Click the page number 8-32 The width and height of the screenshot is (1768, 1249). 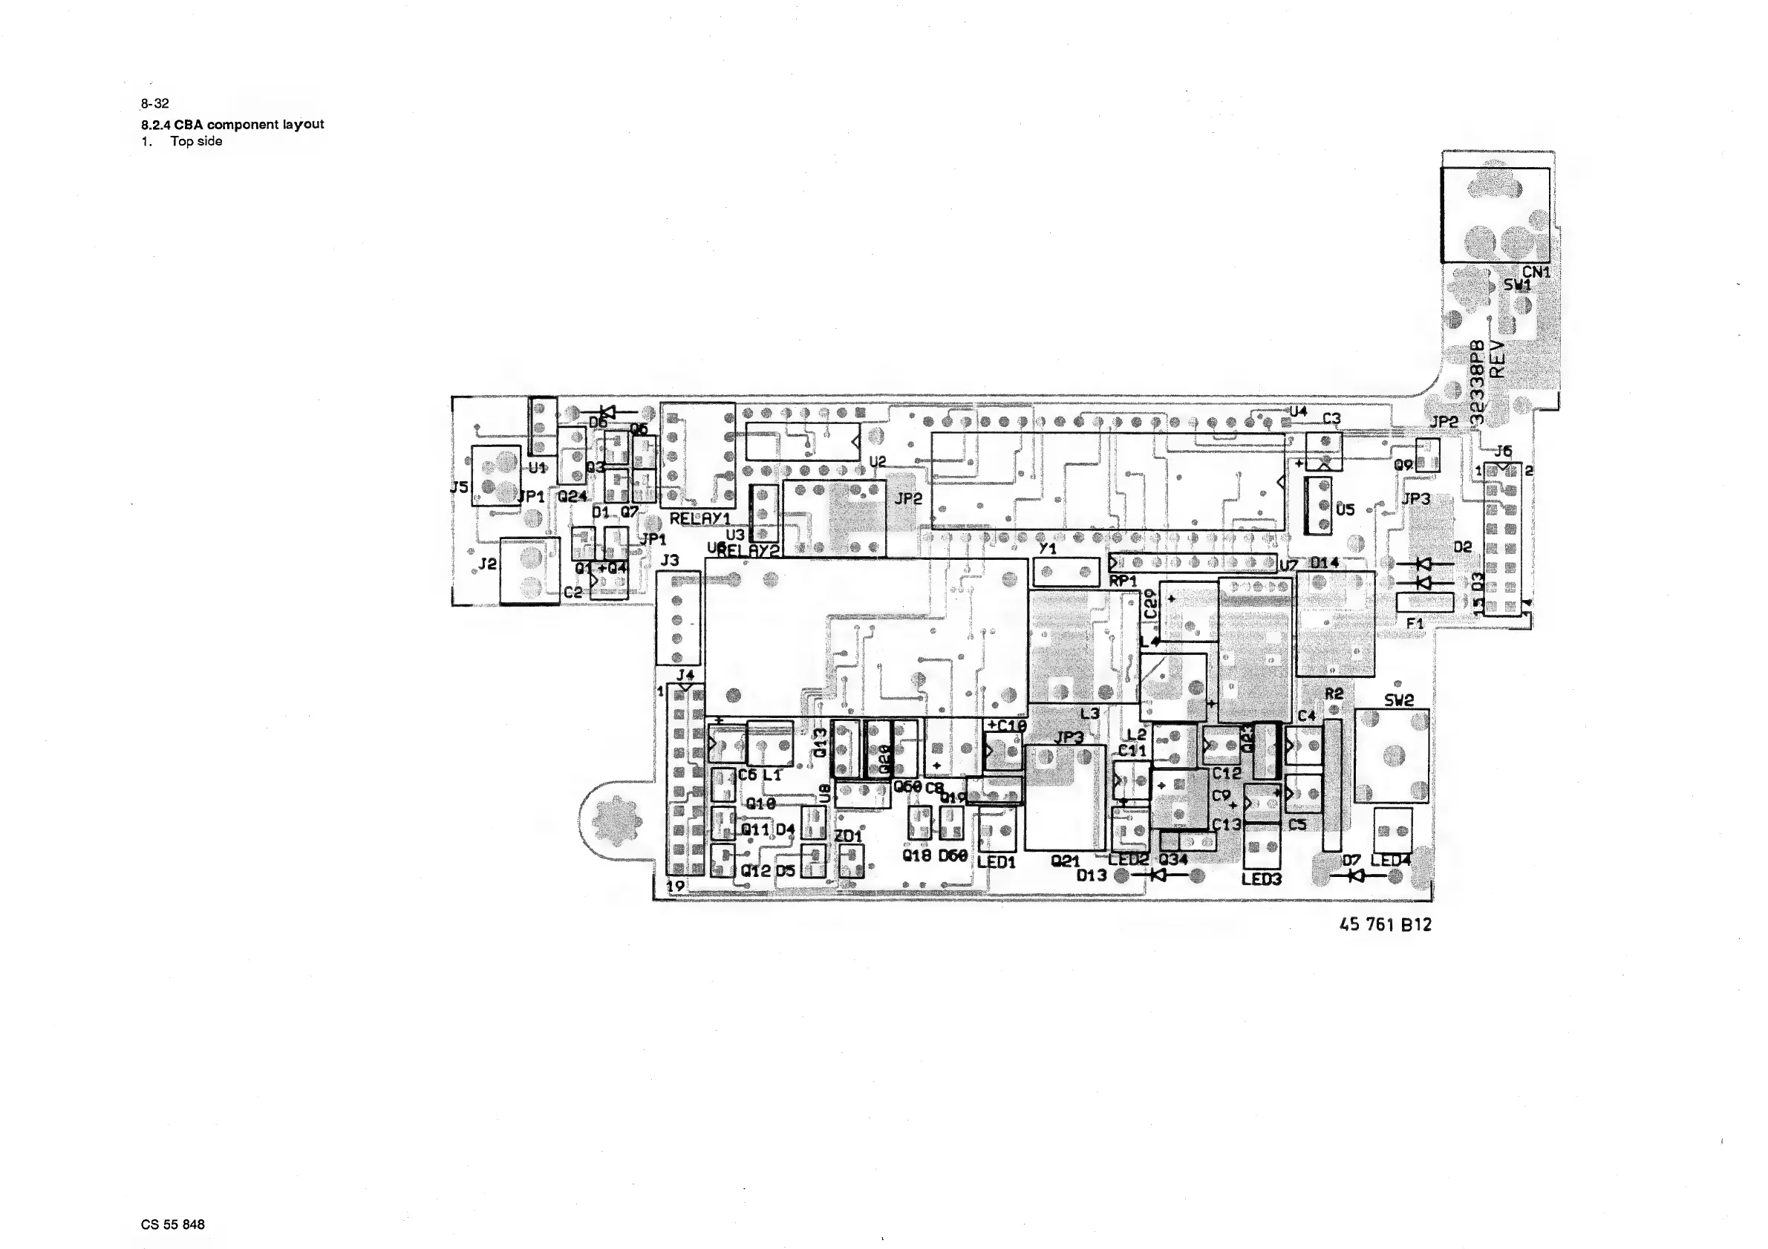[154, 103]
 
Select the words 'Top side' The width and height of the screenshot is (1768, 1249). [196, 141]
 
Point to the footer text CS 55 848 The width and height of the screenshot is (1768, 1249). [172, 1224]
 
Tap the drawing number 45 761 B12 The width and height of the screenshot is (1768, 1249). [1386, 924]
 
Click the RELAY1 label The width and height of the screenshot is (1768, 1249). [699, 519]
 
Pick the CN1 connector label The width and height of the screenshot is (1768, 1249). [1536, 272]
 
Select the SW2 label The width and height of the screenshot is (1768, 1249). [1399, 700]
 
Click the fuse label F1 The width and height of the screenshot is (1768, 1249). [1415, 623]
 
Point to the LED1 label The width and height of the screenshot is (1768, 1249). [996, 862]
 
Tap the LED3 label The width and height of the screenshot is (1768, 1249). [1262, 878]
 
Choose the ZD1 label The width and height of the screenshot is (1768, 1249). [849, 835]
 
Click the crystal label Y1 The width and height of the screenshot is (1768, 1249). [1047, 549]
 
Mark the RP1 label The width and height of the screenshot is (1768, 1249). [1123, 581]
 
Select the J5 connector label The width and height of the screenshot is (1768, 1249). [459, 486]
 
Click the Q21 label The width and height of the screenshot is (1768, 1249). [1065, 861]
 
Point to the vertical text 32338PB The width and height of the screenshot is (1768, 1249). [1477, 383]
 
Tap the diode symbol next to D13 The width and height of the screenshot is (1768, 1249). [1158, 875]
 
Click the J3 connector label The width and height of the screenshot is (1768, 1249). [669, 560]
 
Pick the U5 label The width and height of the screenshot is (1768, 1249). [1345, 509]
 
